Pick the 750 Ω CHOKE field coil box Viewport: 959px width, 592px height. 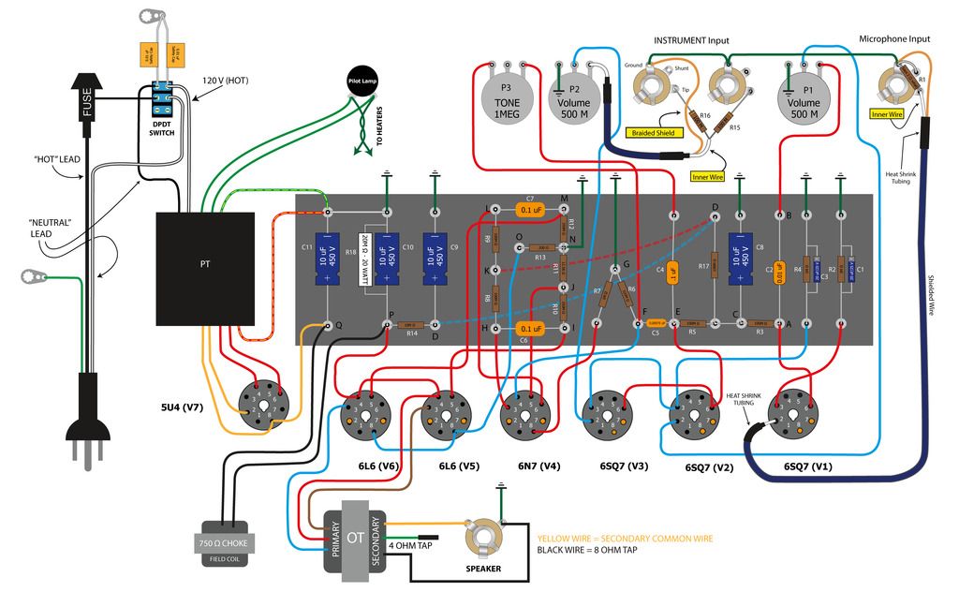tap(223, 543)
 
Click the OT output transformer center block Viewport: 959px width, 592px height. tap(355, 539)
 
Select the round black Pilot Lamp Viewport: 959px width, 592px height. tap(363, 82)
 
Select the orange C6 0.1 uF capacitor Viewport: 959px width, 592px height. tap(530, 329)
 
